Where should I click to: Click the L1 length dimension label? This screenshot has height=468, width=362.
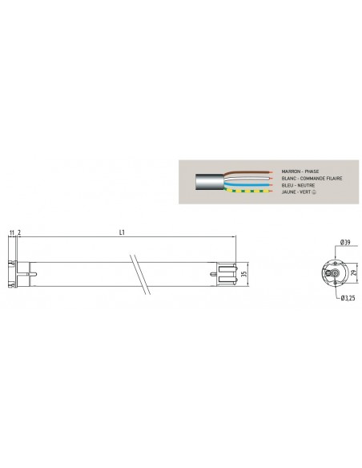122,233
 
